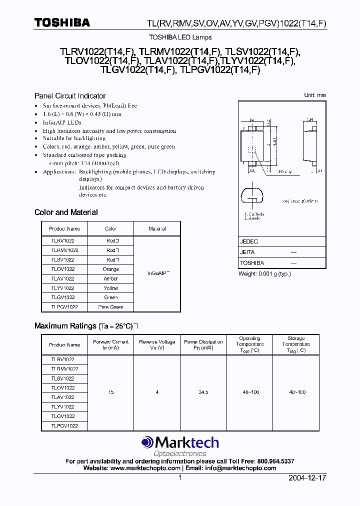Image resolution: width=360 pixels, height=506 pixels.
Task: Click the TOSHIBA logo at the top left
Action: pos(62,22)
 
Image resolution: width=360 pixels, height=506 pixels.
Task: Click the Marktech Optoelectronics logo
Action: pos(180,445)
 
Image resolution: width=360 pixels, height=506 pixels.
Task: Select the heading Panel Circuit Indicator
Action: pos(70,95)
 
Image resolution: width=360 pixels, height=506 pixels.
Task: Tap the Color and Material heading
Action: pos(66,212)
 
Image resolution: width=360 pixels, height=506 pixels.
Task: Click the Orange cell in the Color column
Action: pos(110,269)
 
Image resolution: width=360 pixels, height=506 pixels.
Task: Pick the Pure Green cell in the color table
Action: pos(110,306)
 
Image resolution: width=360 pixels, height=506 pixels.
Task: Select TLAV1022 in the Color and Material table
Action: pos(62,278)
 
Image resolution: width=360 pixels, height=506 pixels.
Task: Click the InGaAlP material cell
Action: pos(157,273)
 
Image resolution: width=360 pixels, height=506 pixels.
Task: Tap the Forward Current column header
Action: pos(110,344)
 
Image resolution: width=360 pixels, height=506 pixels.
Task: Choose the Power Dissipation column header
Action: pos(203,344)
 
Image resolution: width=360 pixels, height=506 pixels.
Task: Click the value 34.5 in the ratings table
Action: pos(203,392)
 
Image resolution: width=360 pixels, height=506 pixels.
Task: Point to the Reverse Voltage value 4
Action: pos(157,392)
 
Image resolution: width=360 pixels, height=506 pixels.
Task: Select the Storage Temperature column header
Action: pos(296,344)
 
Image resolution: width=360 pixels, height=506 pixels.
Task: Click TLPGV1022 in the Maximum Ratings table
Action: pos(64,425)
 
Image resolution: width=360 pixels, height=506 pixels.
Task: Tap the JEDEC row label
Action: pos(249,241)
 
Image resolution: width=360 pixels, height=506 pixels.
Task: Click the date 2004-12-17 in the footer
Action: pos(307,478)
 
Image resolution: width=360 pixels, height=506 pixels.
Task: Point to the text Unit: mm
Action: pos(314,95)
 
